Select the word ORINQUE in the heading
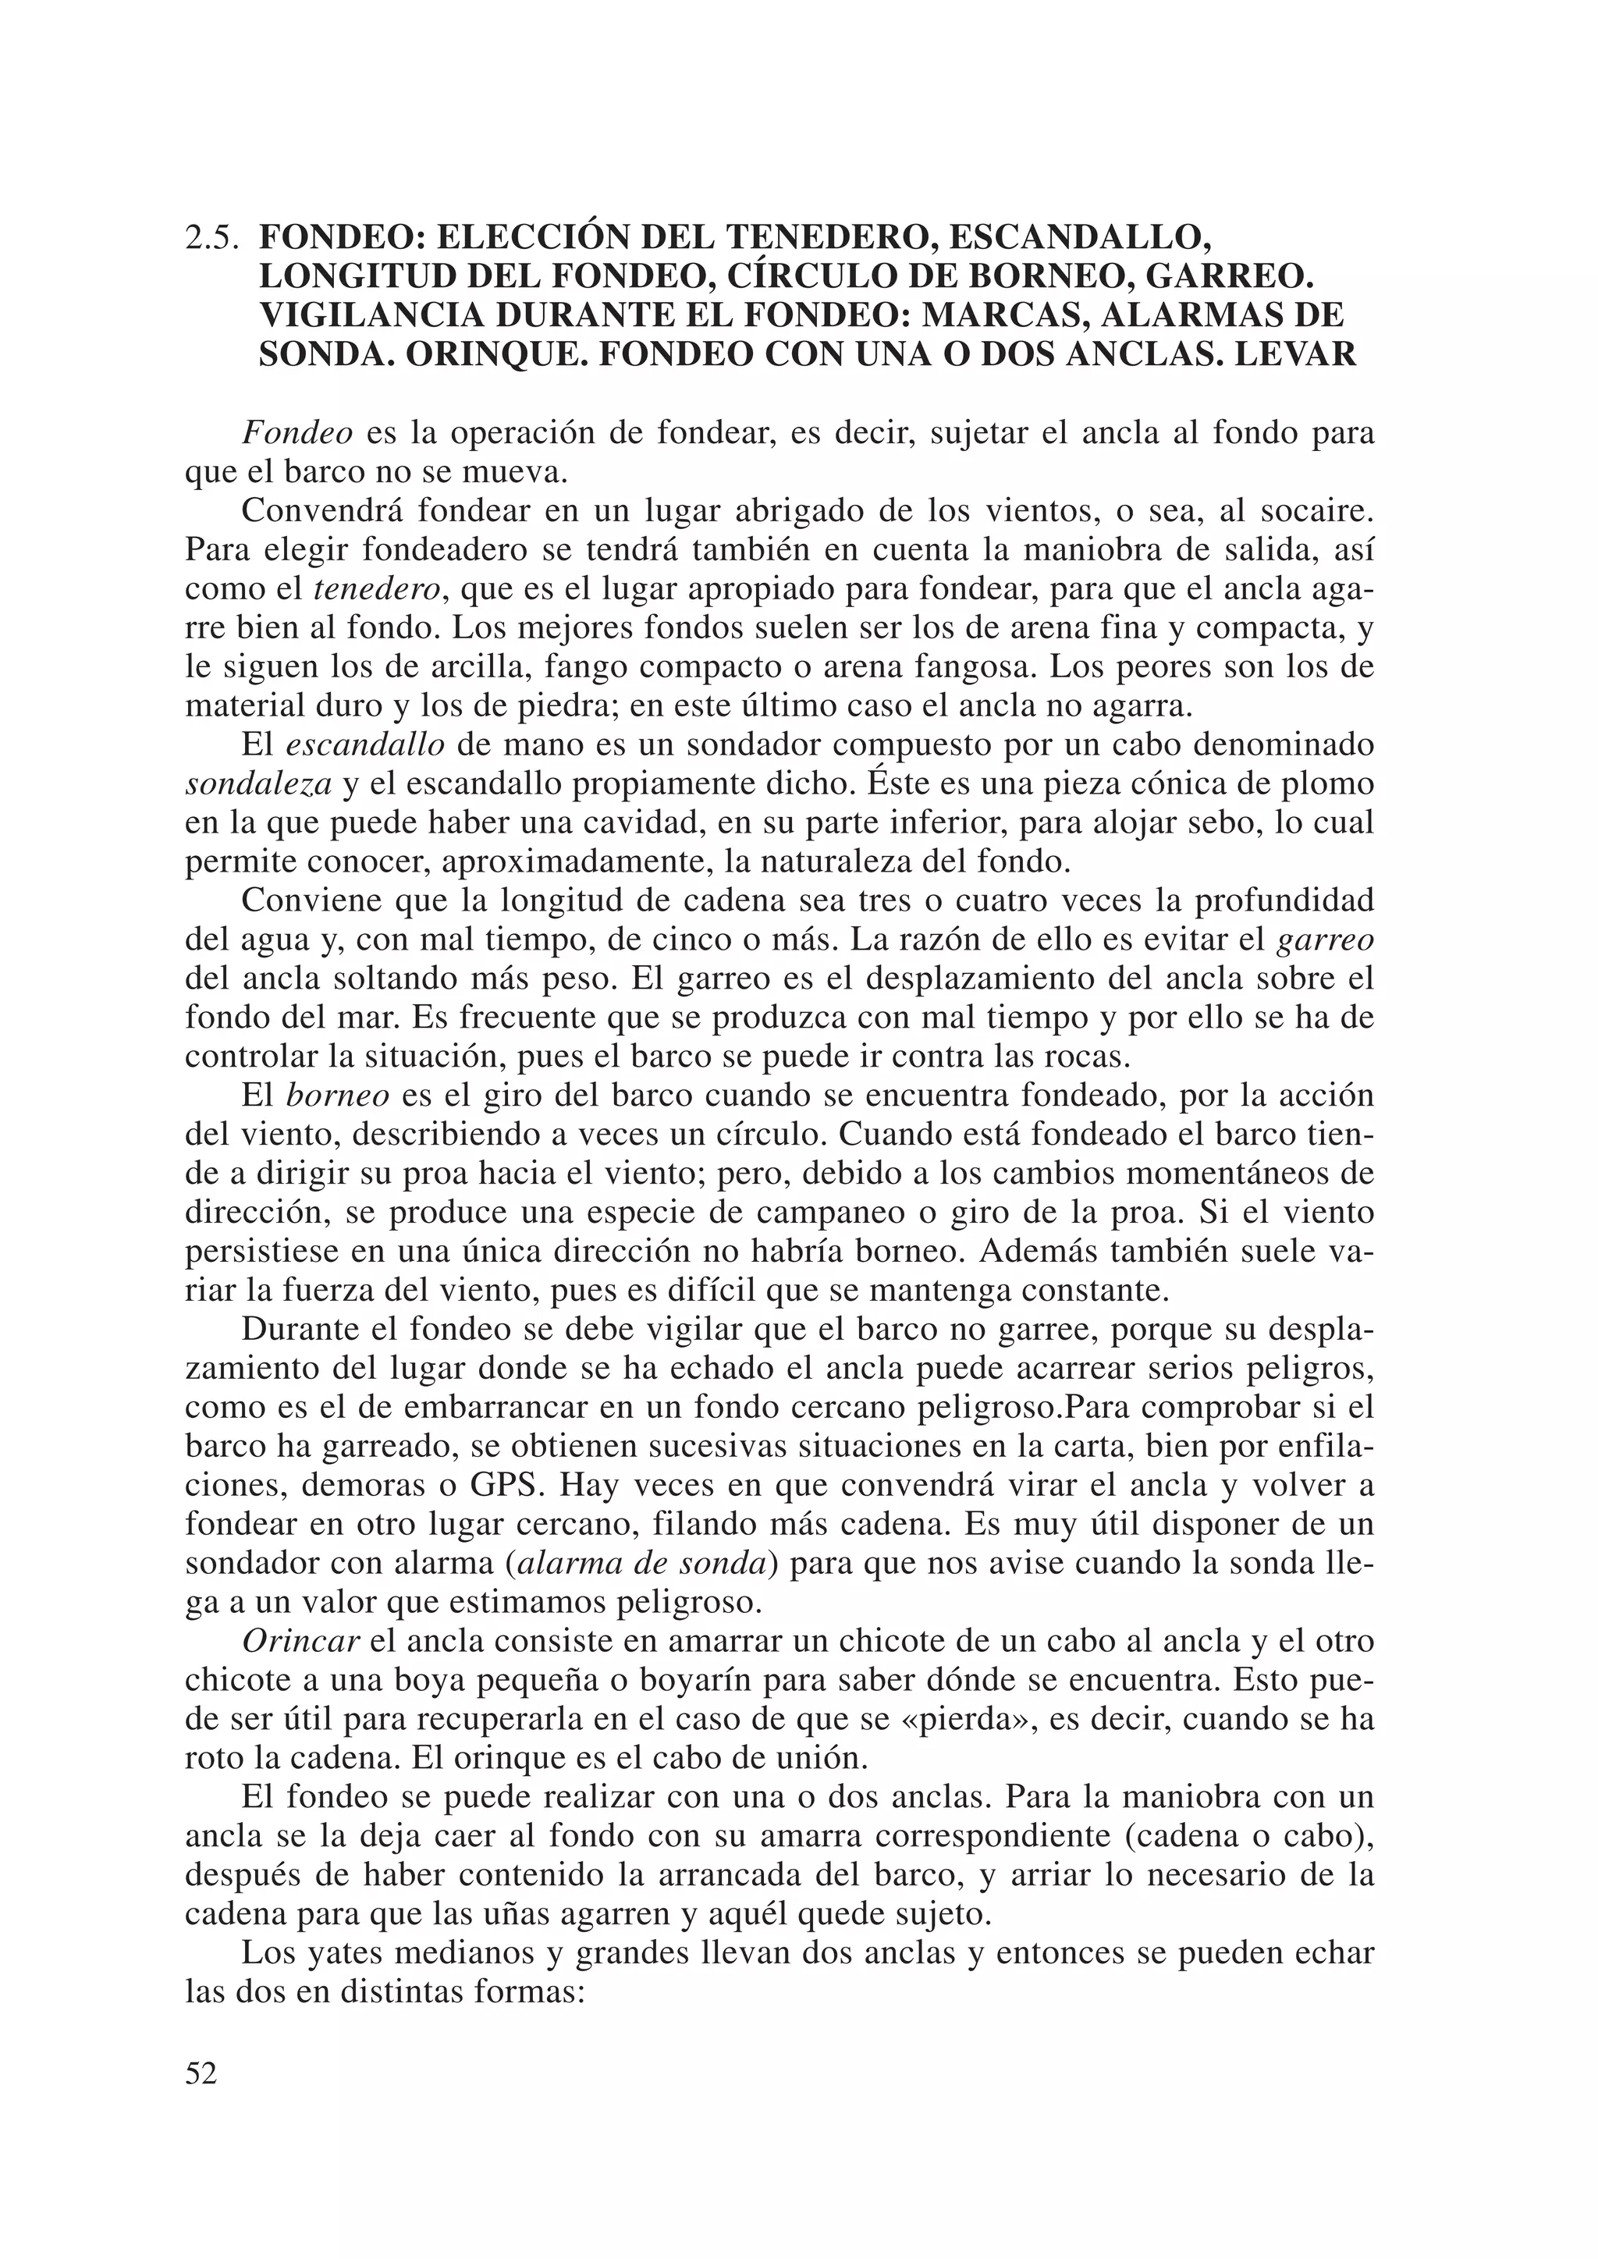pyautogui.click(x=494, y=354)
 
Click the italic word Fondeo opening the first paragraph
pyautogui.click(x=297, y=434)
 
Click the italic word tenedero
pyautogui.click(x=377, y=589)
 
